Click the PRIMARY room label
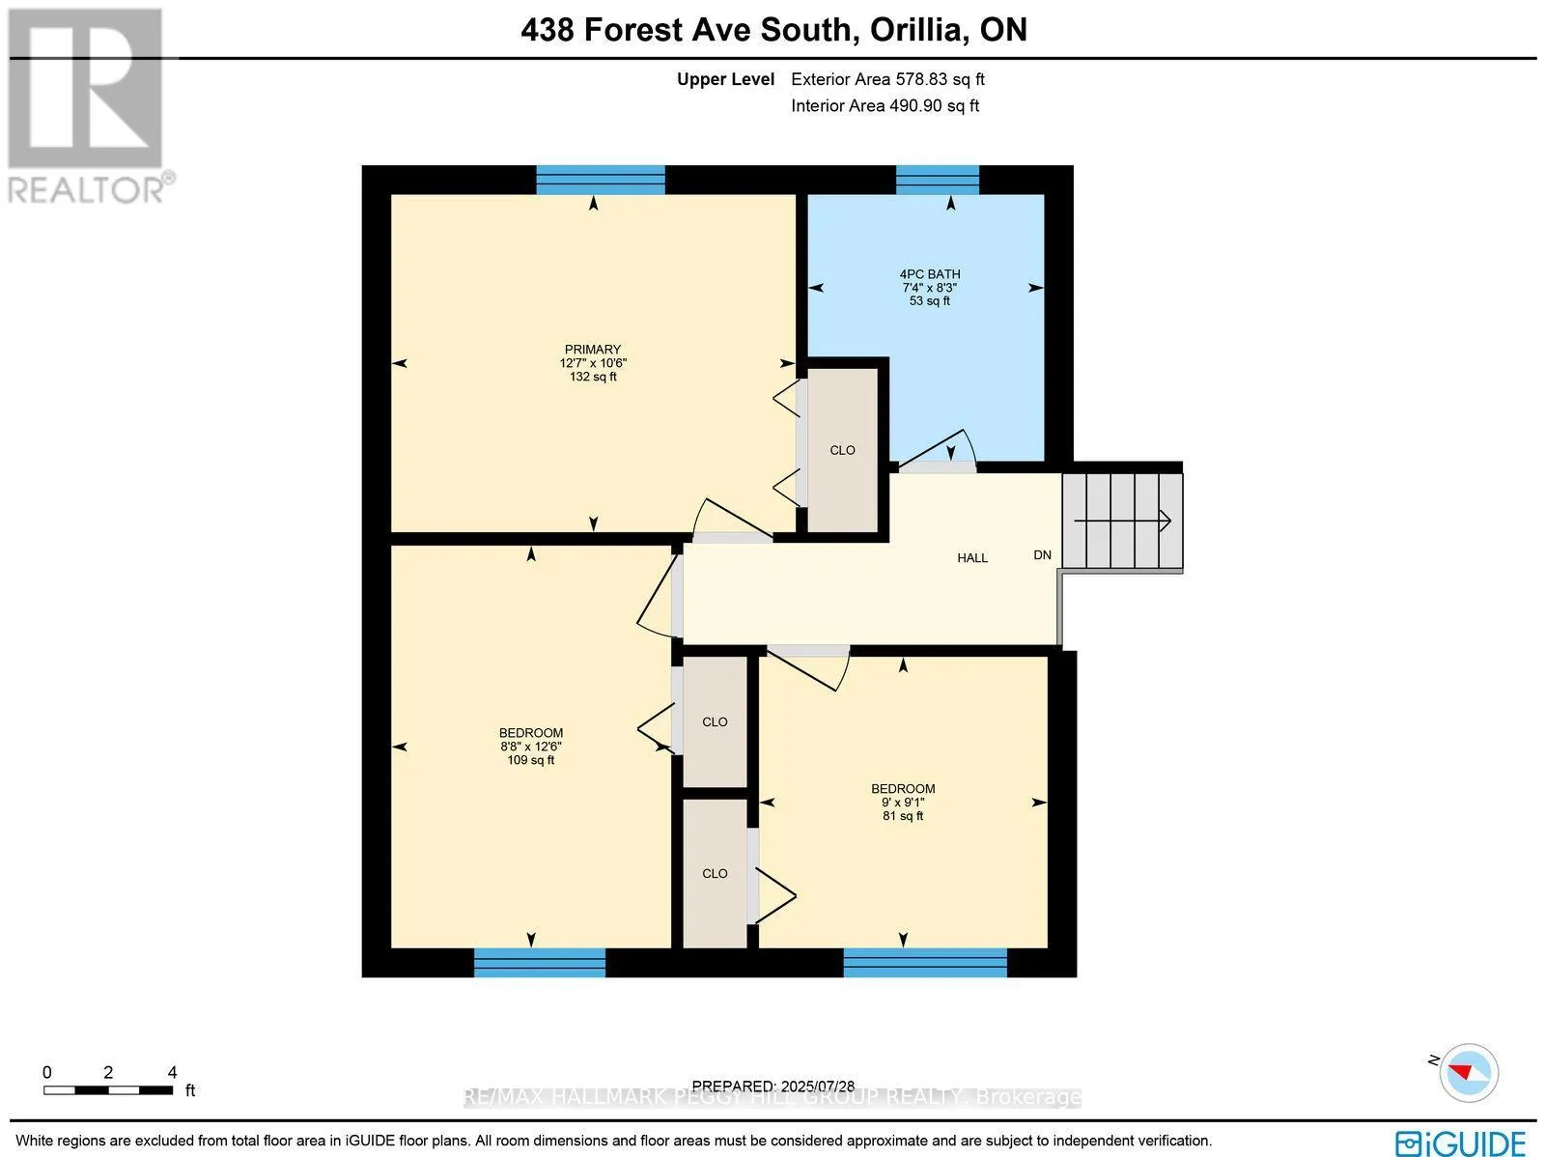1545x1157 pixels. coord(593,350)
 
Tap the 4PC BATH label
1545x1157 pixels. coord(930,274)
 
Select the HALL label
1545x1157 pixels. coord(972,558)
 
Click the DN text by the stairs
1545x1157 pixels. coord(1042,555)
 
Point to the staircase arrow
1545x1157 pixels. coord(1123,522)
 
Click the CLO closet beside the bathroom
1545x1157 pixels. coord(842,450)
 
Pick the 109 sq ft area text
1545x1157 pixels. coord(531,760)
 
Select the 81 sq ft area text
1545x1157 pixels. coord(903,816)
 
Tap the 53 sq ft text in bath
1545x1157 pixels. coord(930,301)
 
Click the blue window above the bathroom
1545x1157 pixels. coord(938,180)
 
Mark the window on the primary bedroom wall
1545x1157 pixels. coord(600,180)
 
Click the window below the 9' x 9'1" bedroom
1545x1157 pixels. coord(925,962)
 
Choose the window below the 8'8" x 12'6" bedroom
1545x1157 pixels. coord(539,962)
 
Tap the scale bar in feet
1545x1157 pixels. coord(107,1089)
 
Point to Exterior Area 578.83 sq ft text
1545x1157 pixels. coord(887,80)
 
